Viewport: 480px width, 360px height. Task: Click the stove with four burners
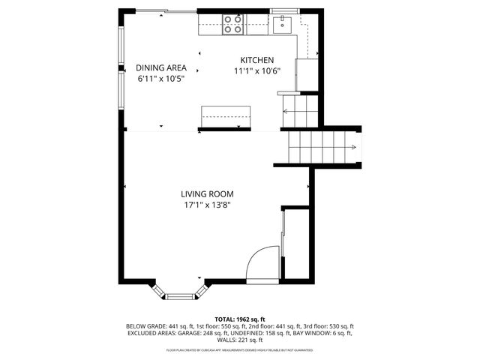click(x=233, y=25)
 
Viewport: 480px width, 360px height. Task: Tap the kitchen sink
click(x=283, y=25)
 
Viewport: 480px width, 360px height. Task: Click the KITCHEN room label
click(x=256, y=61)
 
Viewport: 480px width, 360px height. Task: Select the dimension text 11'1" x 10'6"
click(x=256, y=71)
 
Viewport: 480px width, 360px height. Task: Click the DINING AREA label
click(x=160, y=67)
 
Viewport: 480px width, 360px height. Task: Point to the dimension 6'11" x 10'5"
click(x=160, y=78)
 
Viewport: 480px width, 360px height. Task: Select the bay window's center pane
click(x=179, y=297)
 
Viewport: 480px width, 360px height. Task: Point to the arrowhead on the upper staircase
click(x=286, y=112)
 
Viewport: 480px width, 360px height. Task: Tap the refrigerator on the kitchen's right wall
click(x=307, y=74)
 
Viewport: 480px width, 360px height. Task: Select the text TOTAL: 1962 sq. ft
click(x=240, y=319)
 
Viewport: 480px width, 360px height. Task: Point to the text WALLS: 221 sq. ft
click(x=240, y=340)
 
